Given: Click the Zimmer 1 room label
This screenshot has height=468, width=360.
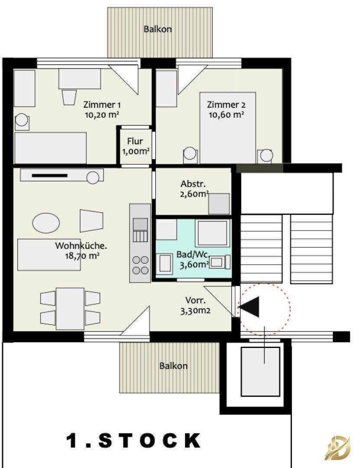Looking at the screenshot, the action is (x=102, y=105).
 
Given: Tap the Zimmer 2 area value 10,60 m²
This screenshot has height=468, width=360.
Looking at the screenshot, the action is (x=226, y=114).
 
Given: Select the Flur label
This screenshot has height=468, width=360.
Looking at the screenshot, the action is (x=135, y=141).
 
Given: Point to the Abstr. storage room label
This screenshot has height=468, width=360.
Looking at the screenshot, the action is (x=193, y=184).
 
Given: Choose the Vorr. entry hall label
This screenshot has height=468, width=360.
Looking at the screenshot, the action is (x=195, y=300).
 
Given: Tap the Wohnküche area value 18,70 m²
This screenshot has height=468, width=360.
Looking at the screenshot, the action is (x=82, y=256).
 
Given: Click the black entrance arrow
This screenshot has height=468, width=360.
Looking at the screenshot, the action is (x=249, y=307).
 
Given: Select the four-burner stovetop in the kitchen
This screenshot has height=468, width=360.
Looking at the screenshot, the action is (x=140, y=265).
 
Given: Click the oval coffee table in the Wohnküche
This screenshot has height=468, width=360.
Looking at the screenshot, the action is (x=46, y=223).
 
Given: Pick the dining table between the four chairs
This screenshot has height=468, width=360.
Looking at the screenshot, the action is (x=70, y=309).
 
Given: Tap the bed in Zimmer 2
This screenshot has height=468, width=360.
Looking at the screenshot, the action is (x=228, y=128).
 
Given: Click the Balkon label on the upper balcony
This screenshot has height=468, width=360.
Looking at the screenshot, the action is (x=158, y=29).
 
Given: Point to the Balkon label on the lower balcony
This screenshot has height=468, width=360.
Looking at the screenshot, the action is (x=173, y=366).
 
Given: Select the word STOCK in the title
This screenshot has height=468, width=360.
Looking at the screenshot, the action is (x=149, y=441).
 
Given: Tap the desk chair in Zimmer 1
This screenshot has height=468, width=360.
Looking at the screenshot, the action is (x=68, y=97).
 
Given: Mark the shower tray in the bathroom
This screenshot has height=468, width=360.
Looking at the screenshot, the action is (x=212, y=233).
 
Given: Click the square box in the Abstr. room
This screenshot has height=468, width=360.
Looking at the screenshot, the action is (x=219, y=204).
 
